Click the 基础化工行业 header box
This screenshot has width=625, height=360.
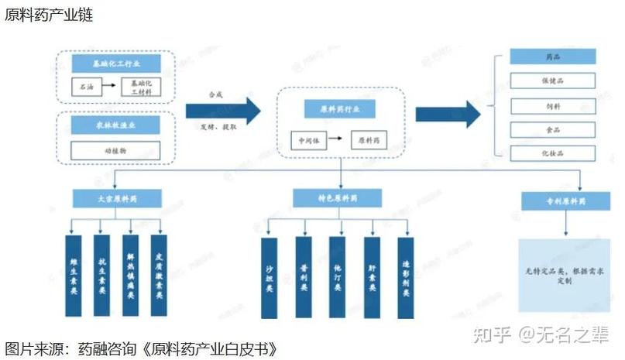[116, 63]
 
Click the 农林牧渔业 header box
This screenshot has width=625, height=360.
[116, 124]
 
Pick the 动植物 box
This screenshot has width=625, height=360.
[116, 149]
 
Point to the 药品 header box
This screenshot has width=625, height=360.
[553, 57]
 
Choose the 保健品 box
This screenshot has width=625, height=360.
[553, 81]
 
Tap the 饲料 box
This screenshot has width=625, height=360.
[553, 105]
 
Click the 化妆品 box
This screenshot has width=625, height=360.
[553, 154]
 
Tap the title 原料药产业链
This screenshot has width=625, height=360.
[50, 15]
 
